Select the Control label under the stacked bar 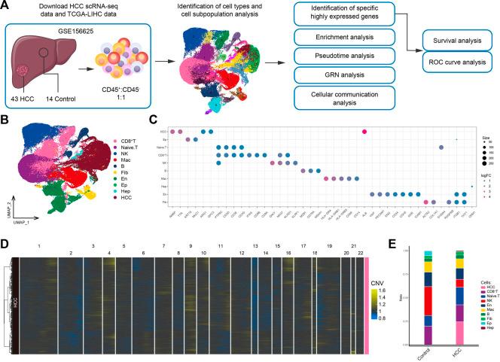coord(431,352)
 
